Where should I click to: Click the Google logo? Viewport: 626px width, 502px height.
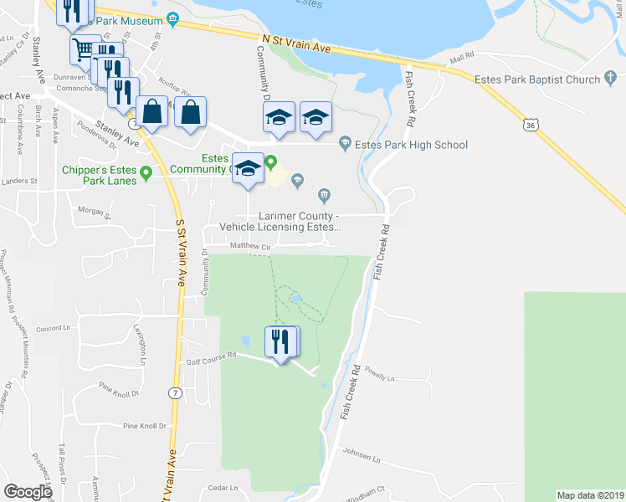28,492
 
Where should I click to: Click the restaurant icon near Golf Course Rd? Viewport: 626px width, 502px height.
282,341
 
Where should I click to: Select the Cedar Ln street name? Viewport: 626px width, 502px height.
223,488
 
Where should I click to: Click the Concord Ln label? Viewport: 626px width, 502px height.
49,329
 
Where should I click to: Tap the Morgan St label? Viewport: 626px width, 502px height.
95,211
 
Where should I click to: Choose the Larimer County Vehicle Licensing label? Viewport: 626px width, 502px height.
280,221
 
